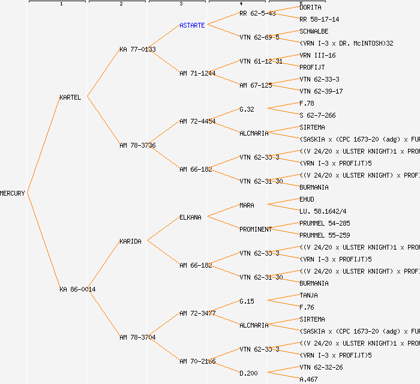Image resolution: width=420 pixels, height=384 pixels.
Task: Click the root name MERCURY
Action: click(13, 193)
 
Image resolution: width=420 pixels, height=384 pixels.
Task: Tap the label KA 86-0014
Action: click(77, 289)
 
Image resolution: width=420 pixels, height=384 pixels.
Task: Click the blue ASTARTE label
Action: click(192, 25)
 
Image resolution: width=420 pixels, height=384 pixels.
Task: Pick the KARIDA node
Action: click(130, 241)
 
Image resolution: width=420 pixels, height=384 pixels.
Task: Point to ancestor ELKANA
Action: click(190, 217)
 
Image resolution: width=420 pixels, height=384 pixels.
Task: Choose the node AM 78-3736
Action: click(137, 145)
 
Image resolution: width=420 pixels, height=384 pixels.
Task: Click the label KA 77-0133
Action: click(137, 49)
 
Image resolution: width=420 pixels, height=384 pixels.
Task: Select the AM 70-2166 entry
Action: click(197, 361)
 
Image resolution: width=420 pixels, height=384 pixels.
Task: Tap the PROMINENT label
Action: click(256, 229)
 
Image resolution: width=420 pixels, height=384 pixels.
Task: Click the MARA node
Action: click(247, 205)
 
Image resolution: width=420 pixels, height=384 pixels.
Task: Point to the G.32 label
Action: click(247, 109)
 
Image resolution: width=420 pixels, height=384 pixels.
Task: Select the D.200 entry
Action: click(248, 373)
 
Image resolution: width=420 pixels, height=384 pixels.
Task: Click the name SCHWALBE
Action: click(314, 31)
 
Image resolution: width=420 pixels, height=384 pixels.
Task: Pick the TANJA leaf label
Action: click(308, 295)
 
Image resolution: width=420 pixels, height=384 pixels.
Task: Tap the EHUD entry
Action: click(307, 199)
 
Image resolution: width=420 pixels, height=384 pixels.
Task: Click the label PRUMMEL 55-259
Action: click(325, 235)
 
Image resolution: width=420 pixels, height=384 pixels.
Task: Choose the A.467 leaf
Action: click(308, 379)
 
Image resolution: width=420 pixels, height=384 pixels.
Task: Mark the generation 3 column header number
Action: click(181, 4)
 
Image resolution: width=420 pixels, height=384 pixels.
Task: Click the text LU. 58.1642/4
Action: click(323, 211)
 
